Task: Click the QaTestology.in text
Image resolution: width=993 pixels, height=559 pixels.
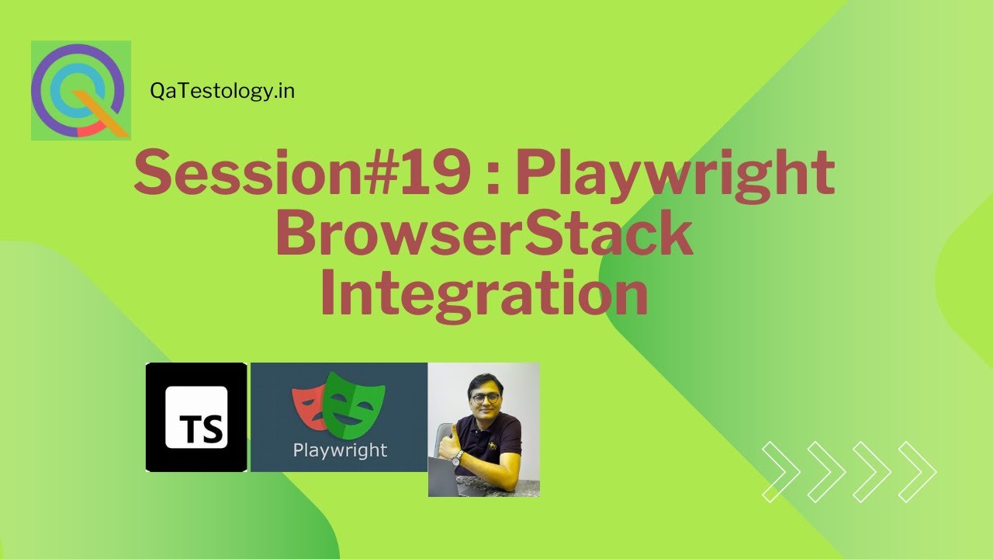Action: (222, 92)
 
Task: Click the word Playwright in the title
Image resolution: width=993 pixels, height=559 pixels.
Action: (674, 174)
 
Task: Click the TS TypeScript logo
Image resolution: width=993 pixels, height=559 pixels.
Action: (196, 418)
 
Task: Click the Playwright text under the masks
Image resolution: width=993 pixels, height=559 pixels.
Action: (340, 450)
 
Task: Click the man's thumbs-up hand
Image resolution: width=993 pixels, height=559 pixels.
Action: (449, 448)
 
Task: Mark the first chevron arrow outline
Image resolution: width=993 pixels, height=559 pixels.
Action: (780, 471)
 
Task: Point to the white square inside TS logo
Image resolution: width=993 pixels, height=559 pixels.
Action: (196, 418)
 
